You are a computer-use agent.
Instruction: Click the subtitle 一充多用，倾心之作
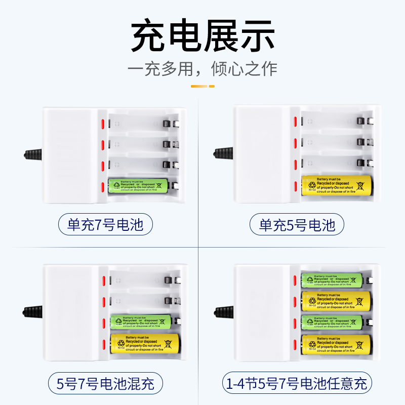pos(202,68)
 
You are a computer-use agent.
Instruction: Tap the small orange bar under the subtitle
pos(202,86)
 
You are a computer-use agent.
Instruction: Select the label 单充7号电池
pos(105,224)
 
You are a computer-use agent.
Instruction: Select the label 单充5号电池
pos(297,224)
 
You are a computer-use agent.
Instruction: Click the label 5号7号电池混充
pos(105,382)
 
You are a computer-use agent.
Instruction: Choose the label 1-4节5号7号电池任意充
pos(297,382)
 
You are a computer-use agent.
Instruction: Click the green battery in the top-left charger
pos(138,186)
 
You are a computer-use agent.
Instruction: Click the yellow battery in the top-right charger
pos(337,185)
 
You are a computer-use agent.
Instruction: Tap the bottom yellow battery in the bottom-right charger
pos(337,344)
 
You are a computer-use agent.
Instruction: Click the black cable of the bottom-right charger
pos(223,310)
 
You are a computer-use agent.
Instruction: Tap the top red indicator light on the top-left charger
pos(103,124)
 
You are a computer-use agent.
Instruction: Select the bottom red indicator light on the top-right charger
pos(294,185)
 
